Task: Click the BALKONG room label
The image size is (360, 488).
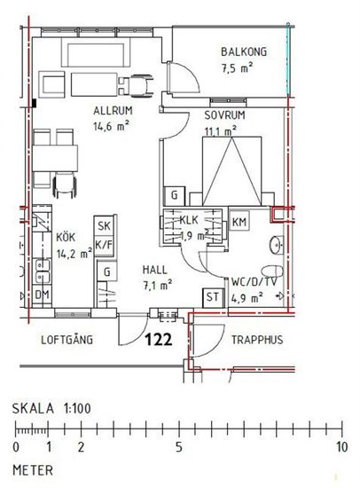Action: point(244,51)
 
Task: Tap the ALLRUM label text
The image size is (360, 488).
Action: point(113,111)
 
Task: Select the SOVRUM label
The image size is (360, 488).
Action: point(224,115)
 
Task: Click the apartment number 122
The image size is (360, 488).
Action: point(159,340)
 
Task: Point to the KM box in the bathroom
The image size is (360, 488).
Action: point(239,222)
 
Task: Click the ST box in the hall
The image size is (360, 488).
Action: point(213,297)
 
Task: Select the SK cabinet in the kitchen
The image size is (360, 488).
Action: point(104,225)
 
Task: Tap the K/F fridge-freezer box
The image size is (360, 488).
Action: point(104,245)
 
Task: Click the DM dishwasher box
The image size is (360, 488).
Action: point(42,295)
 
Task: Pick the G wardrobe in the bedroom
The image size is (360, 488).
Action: point(175,196)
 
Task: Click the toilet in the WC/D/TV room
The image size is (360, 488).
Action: point(272,272)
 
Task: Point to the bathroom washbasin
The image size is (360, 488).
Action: point(277,245)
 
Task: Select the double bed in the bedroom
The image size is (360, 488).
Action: point(231,170)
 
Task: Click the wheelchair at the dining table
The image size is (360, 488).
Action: point(65,185)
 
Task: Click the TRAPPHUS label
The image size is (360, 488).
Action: point(257,340)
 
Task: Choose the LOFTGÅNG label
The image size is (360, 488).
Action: point(67,339)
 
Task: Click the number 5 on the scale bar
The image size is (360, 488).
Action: point(178,447)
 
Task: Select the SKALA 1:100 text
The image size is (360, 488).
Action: point(51,408)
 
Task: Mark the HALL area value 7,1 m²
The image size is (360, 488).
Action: point(158,285)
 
